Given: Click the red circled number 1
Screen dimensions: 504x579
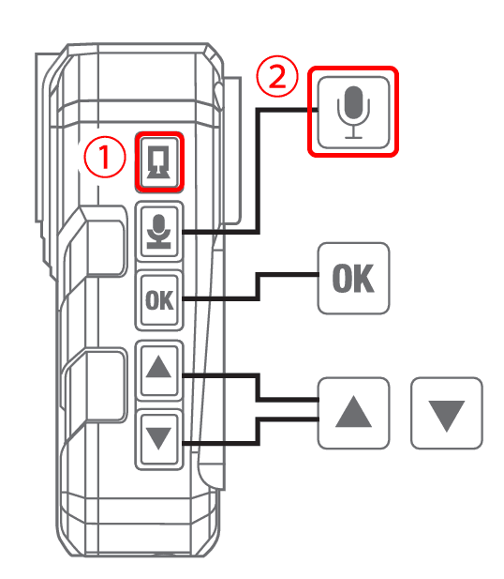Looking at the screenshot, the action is pos(105,157).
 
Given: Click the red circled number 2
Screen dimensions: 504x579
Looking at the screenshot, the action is pos(277,76).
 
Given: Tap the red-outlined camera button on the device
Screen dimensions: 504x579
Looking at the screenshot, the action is pos(159,161).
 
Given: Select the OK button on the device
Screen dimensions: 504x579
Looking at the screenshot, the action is pos(159,300).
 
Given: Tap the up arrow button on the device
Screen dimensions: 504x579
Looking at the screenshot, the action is pos(159,370).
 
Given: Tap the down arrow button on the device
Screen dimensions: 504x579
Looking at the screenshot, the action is pos(159,439).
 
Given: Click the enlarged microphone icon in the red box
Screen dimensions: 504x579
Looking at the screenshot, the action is pos(353,112).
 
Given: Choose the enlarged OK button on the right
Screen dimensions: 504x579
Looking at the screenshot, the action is pos(353,279).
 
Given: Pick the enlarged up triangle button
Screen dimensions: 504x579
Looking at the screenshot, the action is pos(353,413).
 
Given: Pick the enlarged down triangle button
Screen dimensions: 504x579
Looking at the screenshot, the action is pos(447,413).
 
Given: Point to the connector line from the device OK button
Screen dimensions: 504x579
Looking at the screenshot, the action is pos(258,285).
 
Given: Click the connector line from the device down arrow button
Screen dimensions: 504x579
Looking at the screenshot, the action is pos(258,432).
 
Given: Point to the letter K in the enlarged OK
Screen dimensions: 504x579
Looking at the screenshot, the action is pos(364,279).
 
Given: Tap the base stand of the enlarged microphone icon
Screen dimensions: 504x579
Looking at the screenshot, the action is pos(353,137).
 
